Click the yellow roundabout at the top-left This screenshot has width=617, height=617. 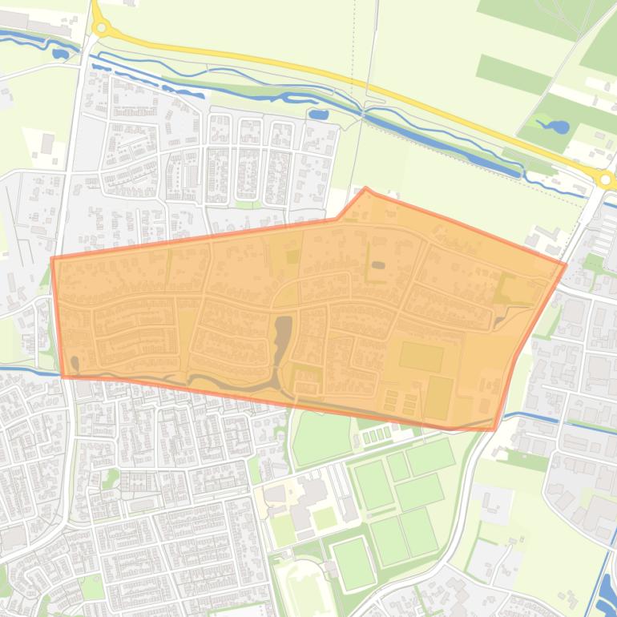pos(101,27)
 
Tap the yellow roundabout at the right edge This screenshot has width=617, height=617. pos(606,179)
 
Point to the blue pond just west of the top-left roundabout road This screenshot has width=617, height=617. pos(60,54)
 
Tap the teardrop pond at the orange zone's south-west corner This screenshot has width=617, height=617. pos(75,365)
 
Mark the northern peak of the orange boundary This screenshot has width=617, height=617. pos(366,188)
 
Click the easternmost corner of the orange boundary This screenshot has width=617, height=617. pos(566,264)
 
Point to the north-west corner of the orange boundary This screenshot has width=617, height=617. pos(52,258)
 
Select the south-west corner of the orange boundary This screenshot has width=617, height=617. pos(63,375)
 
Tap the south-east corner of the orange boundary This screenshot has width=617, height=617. pos(495,429)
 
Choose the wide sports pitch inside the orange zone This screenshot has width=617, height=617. pos(421,357)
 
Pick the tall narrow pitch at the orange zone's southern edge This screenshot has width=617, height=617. pos(438,398)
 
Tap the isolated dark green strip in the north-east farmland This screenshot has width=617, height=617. pos(502,74)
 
